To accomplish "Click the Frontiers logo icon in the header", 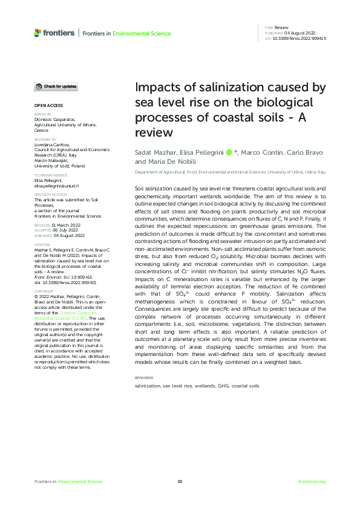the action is tap(38, 33).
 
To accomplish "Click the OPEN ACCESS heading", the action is tap(47, 105).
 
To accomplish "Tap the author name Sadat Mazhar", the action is tap(154, 152).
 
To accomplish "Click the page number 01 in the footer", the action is tap(180, 481).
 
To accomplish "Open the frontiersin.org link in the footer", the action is tap(312, 481).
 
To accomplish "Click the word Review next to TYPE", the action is tap(281, 28).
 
